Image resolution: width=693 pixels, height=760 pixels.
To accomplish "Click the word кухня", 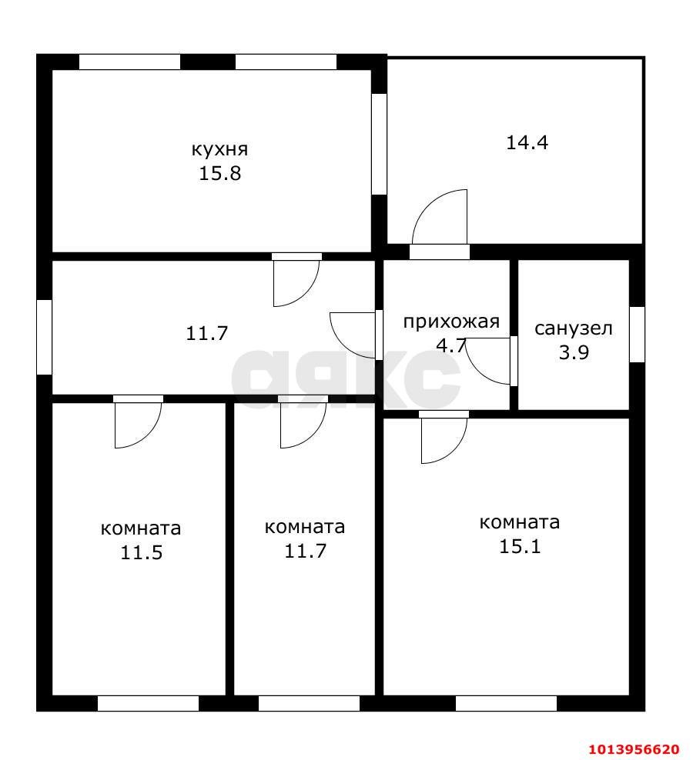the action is click(x=220, y=149).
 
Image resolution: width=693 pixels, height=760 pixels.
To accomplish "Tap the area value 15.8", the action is click(x=220, y=174).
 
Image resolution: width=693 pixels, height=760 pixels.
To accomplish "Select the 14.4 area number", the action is click(x=527, y=142).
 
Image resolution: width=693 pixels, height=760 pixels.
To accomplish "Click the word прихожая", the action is click(x=451, y=322).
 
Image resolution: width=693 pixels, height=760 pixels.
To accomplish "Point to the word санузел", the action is click(x=574, y=328).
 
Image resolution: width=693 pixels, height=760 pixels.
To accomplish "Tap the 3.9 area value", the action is click(x=574, y=352).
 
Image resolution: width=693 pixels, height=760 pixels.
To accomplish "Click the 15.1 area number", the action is click(x=520, y=547).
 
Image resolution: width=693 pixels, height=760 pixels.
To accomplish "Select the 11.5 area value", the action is click(x=141, y=552).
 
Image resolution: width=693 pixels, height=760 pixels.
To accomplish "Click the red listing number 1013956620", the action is click(x=635, y=749).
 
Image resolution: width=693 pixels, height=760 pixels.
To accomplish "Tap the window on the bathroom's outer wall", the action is click(x=638, y=335).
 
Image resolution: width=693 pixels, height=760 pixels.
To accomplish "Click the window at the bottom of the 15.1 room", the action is click(x=506, y=703).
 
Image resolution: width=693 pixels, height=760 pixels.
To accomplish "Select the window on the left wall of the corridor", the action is click(x=44, y=337).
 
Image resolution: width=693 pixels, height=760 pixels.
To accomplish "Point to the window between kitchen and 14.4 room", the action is click(x=379, y=144).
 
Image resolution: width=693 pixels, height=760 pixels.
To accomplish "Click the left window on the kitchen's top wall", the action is click(x=129, y=62).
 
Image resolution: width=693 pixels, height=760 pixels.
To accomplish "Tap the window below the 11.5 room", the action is click(x=148, y=703).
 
